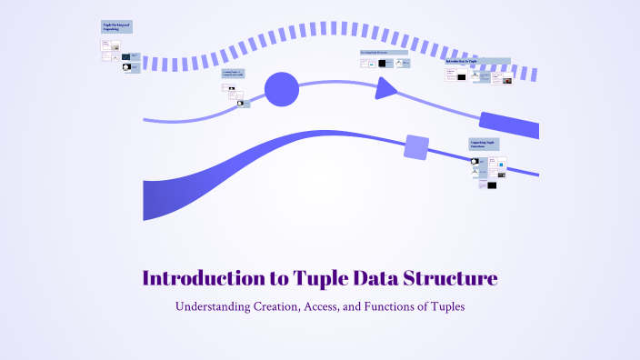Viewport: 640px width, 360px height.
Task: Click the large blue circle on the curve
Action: [x=282, y=89]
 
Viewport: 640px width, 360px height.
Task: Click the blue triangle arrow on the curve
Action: [x=385, y=87]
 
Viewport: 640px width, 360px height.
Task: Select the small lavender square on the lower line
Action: [x=416, y=146]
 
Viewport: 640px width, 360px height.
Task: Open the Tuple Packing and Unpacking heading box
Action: [x=116, y=27]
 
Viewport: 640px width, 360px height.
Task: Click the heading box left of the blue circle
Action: [x=233, y=74]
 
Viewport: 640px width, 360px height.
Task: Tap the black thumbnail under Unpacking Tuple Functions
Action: [x=492, y=185]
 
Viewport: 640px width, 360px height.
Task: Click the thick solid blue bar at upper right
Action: [x=509, y=125]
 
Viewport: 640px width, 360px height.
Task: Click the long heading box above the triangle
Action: [x=385, y=53]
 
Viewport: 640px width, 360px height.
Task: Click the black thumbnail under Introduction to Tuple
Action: [x=461, y=77]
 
